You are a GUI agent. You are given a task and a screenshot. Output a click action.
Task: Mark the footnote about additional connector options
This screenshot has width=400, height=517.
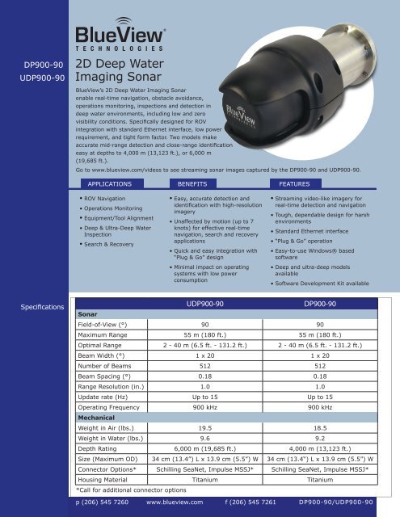[x=130, y=488]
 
